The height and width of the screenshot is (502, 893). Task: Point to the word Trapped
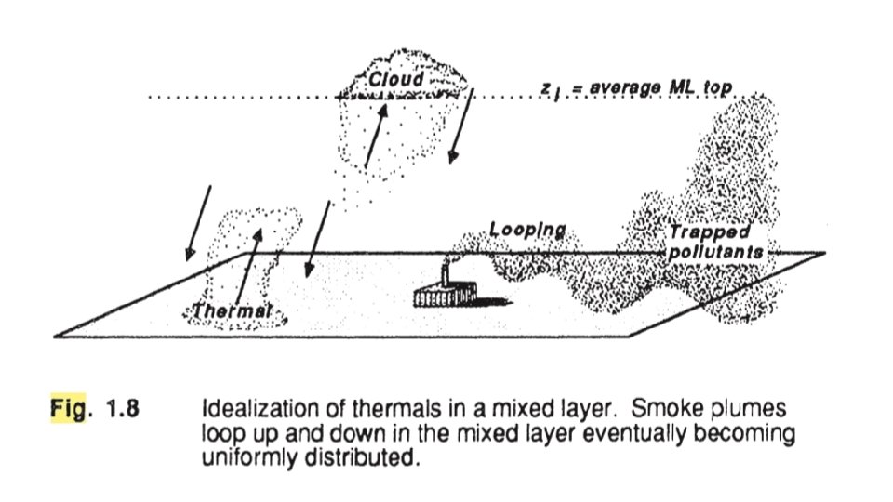(x=709, y=233)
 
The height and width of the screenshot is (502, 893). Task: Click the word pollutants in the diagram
(x=715, y=252)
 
